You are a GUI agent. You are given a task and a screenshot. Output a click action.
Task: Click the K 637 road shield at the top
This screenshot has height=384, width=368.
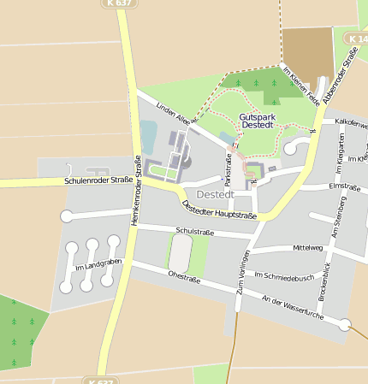pyautogui.click(x=121, y=3)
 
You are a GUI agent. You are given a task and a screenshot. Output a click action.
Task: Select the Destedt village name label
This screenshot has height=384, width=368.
pyautogui.click(x=203, y=194)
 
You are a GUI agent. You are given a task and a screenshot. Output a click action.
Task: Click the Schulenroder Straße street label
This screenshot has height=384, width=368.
pyautogui.click(x=98, y=180)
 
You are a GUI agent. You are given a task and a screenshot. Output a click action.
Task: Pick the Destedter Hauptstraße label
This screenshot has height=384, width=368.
pyautogui.click(x=220, y=206)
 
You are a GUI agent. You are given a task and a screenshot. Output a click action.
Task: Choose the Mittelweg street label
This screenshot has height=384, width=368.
pyautogui.click(x=308, y=248)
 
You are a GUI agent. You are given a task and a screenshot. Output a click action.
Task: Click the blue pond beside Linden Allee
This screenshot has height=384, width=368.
pyautogui.click(x=148, y=136)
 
